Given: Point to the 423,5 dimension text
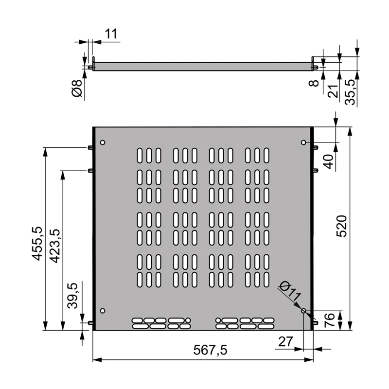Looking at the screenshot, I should (x=54, y=246).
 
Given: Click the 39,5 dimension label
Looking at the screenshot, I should (x=72, y=296).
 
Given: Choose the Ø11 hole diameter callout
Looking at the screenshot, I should (x=291, y=292).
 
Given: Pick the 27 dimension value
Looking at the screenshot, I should (x=285, y=341).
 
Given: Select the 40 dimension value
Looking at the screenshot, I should (x=329, y=161).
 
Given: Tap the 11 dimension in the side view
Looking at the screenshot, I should (x=111, y=34).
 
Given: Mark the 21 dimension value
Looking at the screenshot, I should (x=333, y=90).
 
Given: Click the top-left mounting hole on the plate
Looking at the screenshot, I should (x=103, y=142).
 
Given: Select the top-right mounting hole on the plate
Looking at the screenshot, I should (x=303, y=142).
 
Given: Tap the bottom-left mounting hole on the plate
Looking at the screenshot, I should (x=103, y=311).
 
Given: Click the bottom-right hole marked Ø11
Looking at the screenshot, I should (x=303, y=311).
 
